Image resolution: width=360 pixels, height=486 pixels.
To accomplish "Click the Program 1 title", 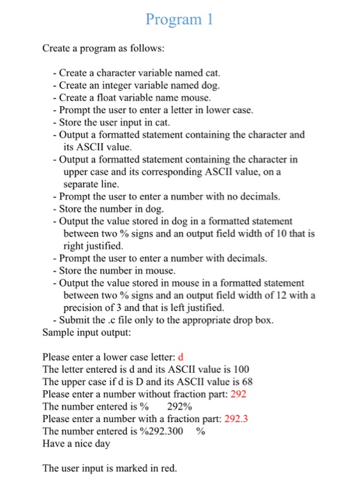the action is click(180, 20).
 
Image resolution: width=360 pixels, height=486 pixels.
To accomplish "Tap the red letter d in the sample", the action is click(181, 357).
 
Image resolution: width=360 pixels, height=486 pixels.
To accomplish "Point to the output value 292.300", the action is click(170, 430).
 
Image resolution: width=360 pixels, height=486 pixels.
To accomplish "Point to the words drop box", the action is click(254, 319).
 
